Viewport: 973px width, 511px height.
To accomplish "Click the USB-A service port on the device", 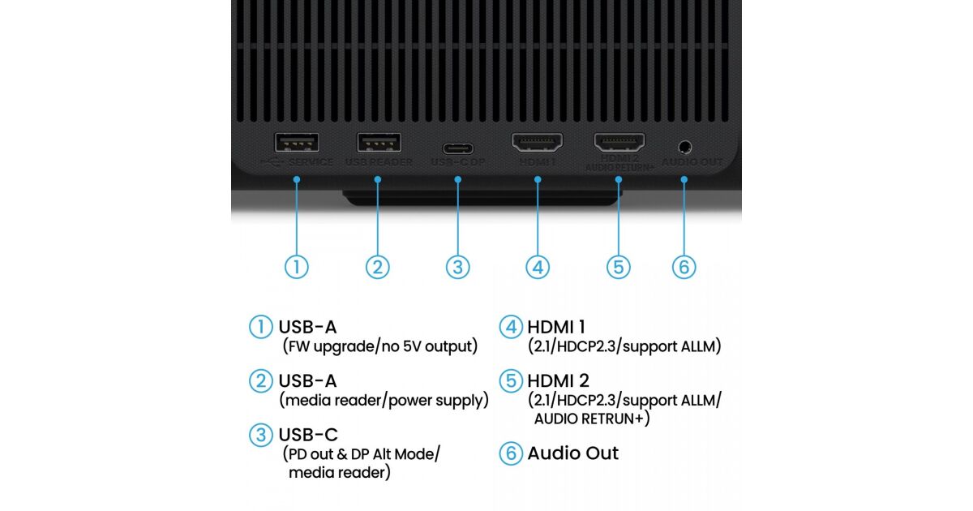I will coord(297,143).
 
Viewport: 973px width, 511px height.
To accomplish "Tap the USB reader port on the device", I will coord(379,143).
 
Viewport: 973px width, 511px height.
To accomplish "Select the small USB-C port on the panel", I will coord(458,149).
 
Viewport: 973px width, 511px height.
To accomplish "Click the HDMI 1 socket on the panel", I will coord(537,144).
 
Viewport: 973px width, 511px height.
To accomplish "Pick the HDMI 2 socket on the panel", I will coord(619,144).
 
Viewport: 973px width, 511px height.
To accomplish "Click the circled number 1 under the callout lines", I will coord(297,267).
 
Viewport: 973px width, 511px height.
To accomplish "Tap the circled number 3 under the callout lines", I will coord(458,267).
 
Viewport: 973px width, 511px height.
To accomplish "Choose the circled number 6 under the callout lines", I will coord(684,267).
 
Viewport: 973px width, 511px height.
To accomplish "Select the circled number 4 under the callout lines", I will coord(538,267).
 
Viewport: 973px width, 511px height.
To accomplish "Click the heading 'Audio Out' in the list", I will coord(572,453).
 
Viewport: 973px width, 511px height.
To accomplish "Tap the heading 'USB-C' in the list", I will coord(308,434).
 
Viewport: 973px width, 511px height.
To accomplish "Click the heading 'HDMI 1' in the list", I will coord(556,327).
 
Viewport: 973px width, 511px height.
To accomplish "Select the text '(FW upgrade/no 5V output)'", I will coord(379,346).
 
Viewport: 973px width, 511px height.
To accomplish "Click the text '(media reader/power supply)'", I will coord(384,400).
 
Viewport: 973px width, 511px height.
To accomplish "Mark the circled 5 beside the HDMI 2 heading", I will coord(510,380).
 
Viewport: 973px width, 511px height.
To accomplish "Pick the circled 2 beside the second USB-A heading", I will coord(260,380).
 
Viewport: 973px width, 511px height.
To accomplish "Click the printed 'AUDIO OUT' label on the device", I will coord(692,162).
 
